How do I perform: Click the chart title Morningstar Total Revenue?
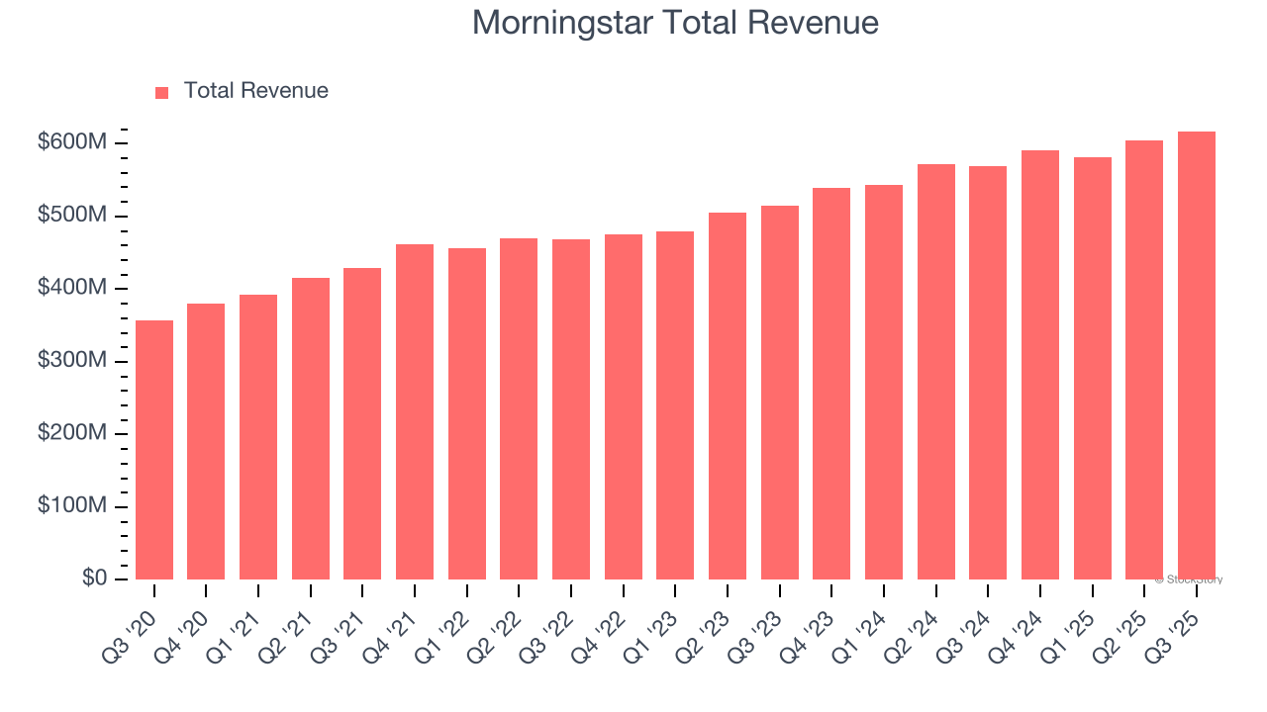point(675,22)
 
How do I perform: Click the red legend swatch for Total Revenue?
point(162,92)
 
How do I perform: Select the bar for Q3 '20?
point(154,450)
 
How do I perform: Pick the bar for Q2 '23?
point(728,396)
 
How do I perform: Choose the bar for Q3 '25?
point(1196,356)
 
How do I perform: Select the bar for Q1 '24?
point(884,382)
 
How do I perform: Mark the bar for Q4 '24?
point(1040,365)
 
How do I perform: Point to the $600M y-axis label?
point(72,143)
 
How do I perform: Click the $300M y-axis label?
point(72,361)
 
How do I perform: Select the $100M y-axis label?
point(72,506)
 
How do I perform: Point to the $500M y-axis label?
point(72,216)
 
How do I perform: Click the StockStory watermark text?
point(1189,579)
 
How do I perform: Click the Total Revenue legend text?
point(255,91)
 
